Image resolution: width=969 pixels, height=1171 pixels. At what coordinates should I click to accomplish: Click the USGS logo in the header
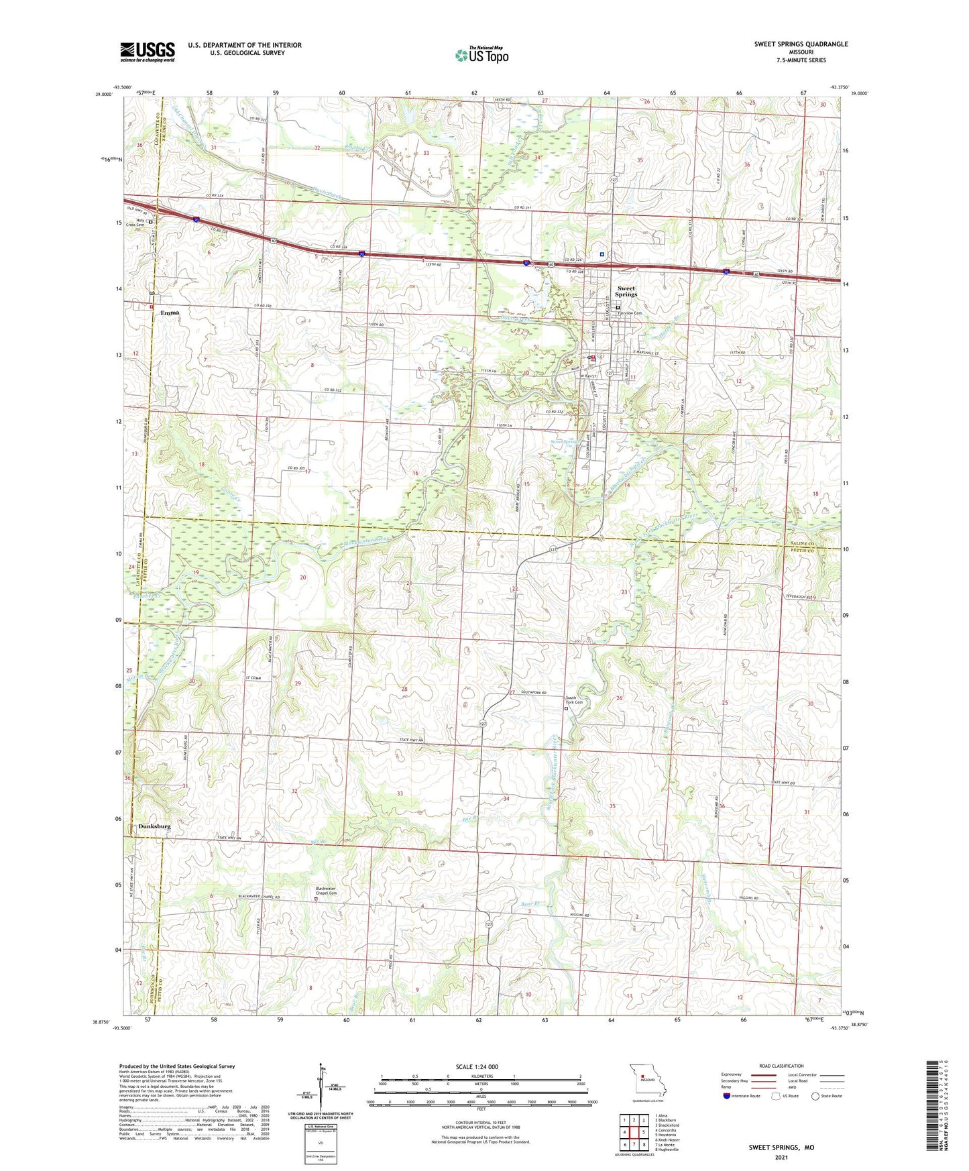pyautogui.click(x=148, y=52)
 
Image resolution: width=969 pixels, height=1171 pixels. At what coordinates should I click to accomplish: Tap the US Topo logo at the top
pyautogui.click(x=481, y=55)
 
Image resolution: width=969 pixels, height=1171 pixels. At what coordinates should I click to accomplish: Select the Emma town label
pyautogui.click(x=170, y=313)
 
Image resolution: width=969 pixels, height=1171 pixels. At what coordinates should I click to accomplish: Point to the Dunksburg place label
pyautogui.click(x=154, y=826)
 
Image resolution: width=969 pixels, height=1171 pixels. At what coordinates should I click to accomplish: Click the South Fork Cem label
pyautogui.click(x=575, y=700)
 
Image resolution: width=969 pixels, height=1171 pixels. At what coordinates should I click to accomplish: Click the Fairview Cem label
pyautogui.click(x=634, y=313)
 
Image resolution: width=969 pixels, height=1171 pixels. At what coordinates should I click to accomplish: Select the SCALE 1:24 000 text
pyautogui.click(x=477, y=1067)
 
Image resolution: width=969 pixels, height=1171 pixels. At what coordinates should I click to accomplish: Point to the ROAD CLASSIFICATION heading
pyautogui.click(x=781, y=1066)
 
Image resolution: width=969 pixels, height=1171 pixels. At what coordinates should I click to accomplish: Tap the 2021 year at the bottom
pyautogui.click(x=781, y=1158)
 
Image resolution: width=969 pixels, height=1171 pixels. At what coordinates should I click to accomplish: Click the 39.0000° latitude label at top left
pyautogui.click(x=103, y=95)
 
